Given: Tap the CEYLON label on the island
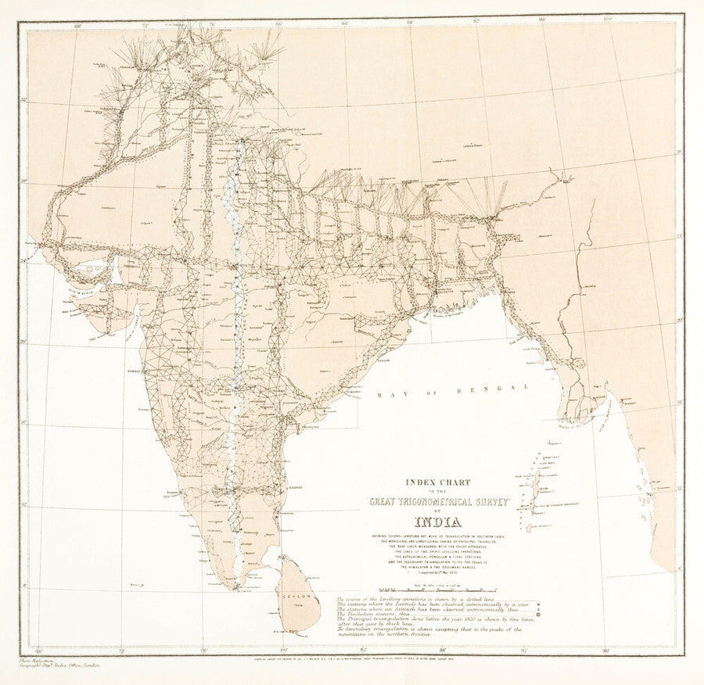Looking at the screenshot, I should coord(298,597).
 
